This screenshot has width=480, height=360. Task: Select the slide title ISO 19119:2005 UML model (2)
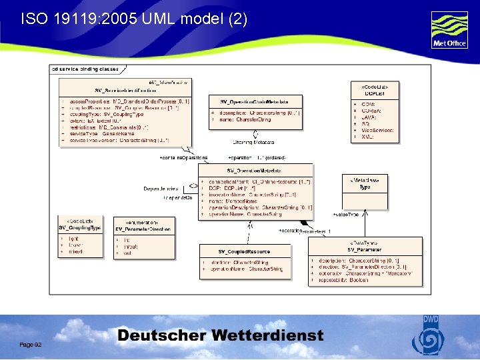[x=134, y=19]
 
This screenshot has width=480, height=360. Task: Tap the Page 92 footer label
[x=31, y=344]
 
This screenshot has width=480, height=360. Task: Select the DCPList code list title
[x=374, y=93]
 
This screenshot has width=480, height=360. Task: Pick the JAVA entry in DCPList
[x=369, y=117]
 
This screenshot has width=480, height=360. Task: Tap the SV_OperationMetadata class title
[x=255, y=171]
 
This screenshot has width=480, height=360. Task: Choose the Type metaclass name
[x=365, y=187]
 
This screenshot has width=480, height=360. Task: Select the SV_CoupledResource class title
[x=244, y=251]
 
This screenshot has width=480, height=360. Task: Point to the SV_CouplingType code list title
[x=79, y=228]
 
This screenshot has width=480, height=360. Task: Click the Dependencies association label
[x=161, y=189]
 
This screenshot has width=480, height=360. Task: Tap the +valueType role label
[x=346, y=215]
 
